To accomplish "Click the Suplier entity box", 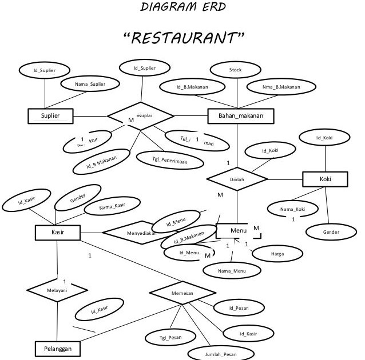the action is tap(50, 117).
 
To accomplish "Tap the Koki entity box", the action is tap(325, 179).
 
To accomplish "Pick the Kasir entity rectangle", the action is tap(57, 233).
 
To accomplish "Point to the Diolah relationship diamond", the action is tap(236, 179).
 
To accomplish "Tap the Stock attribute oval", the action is tap(235, 70).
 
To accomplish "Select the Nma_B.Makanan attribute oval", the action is tap(281, 87).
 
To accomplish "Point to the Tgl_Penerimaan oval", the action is tap(170, 160).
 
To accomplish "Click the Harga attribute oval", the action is tap(279, 253).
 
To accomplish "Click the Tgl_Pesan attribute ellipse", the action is tap(170, 338).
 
